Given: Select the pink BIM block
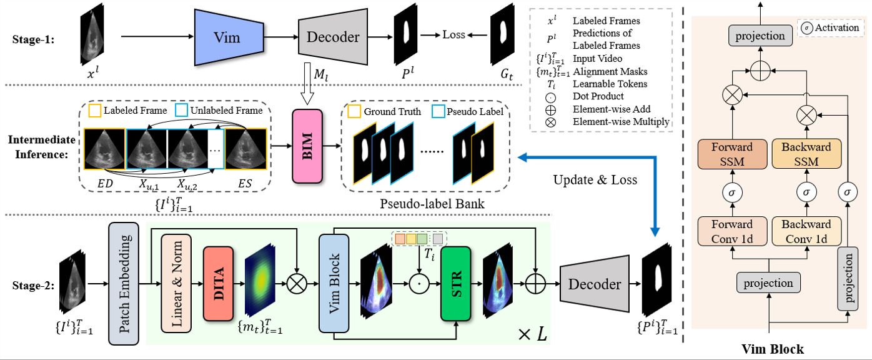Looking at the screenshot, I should click(307, 146).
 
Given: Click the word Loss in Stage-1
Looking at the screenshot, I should click(453, 34).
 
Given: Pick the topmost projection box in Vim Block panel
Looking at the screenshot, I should click(760, 36).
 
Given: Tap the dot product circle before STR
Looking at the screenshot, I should click(417, 284).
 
